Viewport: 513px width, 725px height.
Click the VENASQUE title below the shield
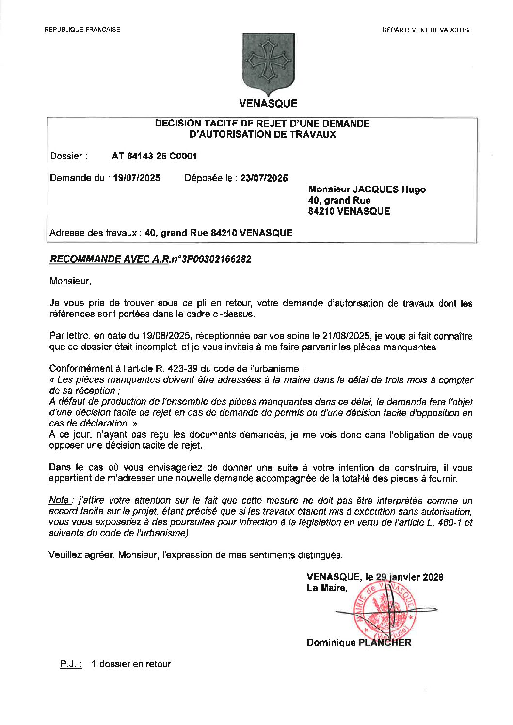pyautogui.click(x=268, y=103)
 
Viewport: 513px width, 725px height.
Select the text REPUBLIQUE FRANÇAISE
pyautogui.click(x=82, y=30)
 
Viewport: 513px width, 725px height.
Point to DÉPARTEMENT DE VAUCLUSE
pyautogui.click(x=427, y=30)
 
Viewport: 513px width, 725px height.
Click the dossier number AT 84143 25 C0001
pyautogui.click(x=154, y=156)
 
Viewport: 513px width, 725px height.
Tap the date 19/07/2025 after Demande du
pyautogui.click(x=136, y=178)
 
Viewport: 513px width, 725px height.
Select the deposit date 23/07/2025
pyautogui.click(x=264, y=178)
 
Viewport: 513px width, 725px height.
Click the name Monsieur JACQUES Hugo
pyautogui.click(x=367, y=189)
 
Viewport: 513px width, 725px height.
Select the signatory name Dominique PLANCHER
pyautogui.click(x=358, y=643)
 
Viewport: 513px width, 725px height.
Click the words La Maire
pyautogui.click(x=327, y=588)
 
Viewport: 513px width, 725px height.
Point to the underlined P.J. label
pyautogui.click(x=71, y=664)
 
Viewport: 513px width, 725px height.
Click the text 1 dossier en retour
pyautogui.click(x=131, y=664)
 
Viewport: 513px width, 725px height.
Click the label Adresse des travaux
pyautogui.click(x=95, y=233)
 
